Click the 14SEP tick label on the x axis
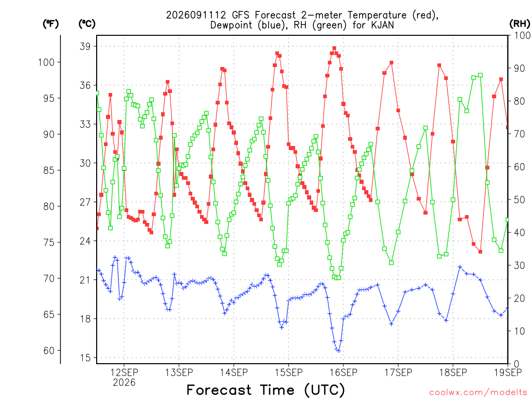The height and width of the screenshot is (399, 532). tap(234, 373)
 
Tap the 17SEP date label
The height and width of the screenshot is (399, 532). tap(398, 373)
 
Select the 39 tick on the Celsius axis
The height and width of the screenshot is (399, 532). tap(85, 46)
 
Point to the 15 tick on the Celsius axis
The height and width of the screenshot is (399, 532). tap(85, 357)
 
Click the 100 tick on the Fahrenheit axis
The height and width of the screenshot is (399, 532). tap(46, 62)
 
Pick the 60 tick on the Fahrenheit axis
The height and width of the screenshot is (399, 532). tap(49, 351)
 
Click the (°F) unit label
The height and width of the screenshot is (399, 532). tap(50, 24)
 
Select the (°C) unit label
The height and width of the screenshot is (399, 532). tap(87, 24)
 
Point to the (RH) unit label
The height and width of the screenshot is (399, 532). tap(520, 24)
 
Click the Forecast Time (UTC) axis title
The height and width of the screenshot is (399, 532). tap(265, 390)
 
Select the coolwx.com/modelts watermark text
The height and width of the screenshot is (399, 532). tap(478, 393)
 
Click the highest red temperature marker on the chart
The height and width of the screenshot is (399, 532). tap(334, 48)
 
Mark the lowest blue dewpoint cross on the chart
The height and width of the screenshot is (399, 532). tap(338, 351)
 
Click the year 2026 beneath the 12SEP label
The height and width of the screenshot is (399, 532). tap(124, 383)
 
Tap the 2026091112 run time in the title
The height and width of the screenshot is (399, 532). tap(196, 15)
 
